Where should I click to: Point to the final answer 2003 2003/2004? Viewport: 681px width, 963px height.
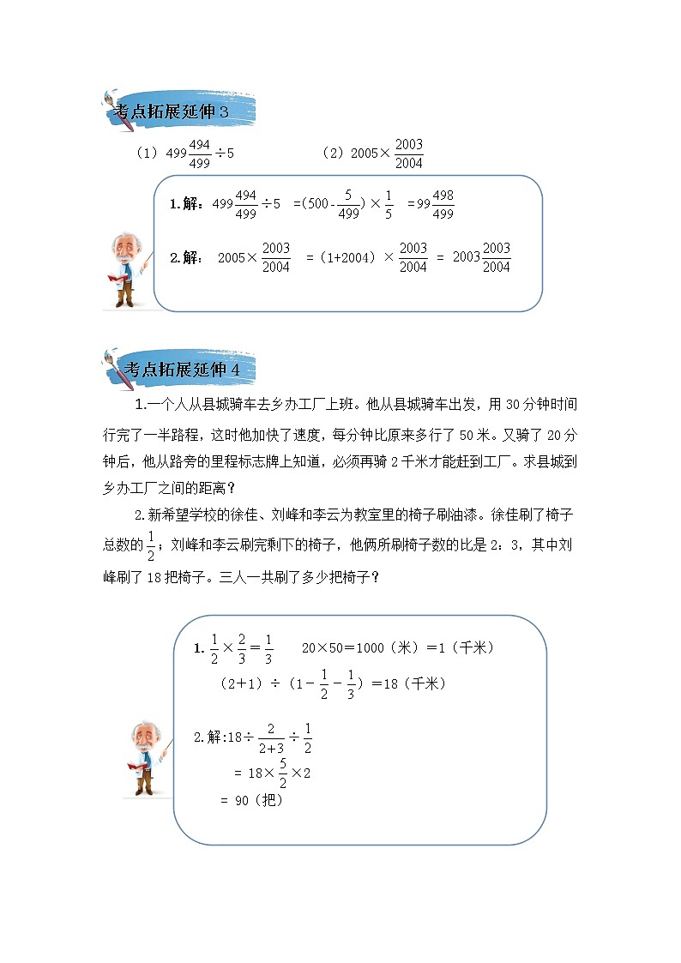click(x=481, y=256)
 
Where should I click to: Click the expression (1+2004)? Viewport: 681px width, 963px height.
click(x=347, y=257)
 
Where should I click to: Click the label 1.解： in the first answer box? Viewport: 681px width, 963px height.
click(x=188, y=206)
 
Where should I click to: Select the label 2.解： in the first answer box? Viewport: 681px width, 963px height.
click(x=187, y=257)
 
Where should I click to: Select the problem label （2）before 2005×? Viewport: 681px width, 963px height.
click(x=333, y=154)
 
